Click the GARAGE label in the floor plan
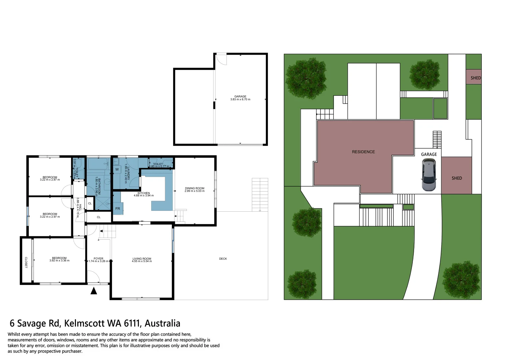tap(240, 96)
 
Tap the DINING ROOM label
tap(195, 188)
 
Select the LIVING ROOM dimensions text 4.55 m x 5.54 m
tap(142, 261)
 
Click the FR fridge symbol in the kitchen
tap(118, 209)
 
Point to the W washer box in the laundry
tap(117, 169)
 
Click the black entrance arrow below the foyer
tap(94, 291)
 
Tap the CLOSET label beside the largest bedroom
tap(26, 262)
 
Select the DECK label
tap(223, 259)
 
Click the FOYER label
tap(98, 258)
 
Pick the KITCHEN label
tap(144, 193)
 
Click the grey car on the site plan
tap(429, 175)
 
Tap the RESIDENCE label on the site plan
tap(363, 152)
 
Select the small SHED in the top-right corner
tap(474, 77)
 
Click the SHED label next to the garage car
tap(457, 178)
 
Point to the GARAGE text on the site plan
tap(429, 154)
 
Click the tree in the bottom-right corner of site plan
tap(461, 279)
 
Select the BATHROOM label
tap(99, 186)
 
